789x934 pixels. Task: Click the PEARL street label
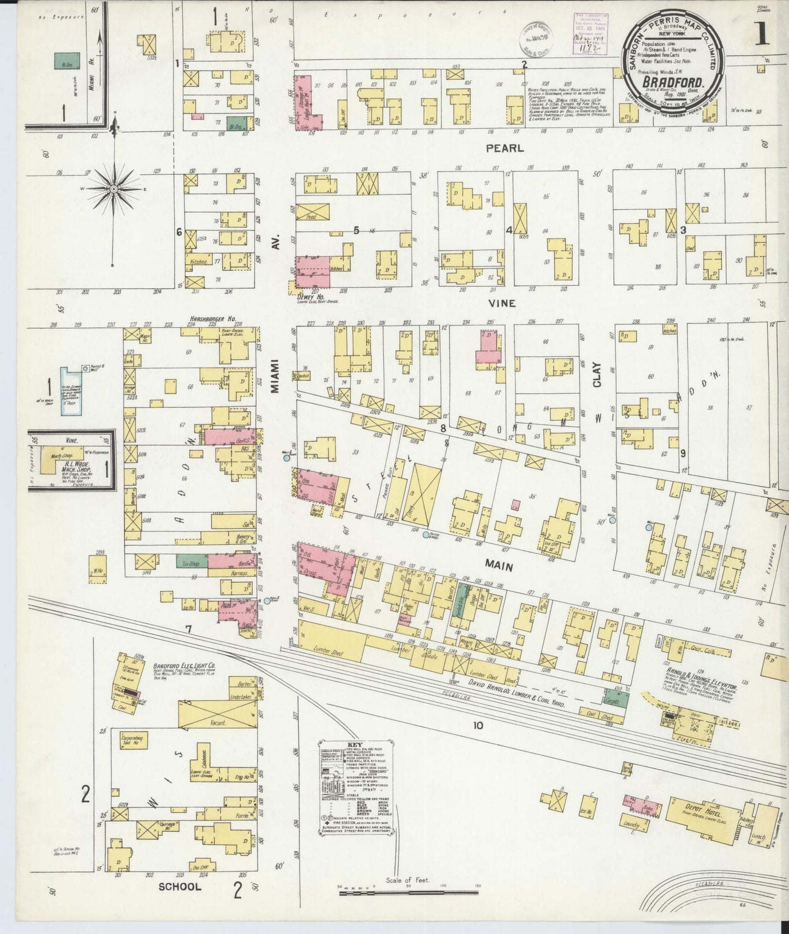click(x=505, y=148)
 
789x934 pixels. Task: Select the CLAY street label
click(x=597, y=376)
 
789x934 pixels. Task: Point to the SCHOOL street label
click(x=180, y=886)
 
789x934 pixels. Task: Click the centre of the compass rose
click(x=115, y=190)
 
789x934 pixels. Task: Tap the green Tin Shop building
click(x=191, y=560)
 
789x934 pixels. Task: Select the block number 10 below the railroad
click(x=478, y=725)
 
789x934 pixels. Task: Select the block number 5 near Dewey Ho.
click(x=356, y=230)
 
